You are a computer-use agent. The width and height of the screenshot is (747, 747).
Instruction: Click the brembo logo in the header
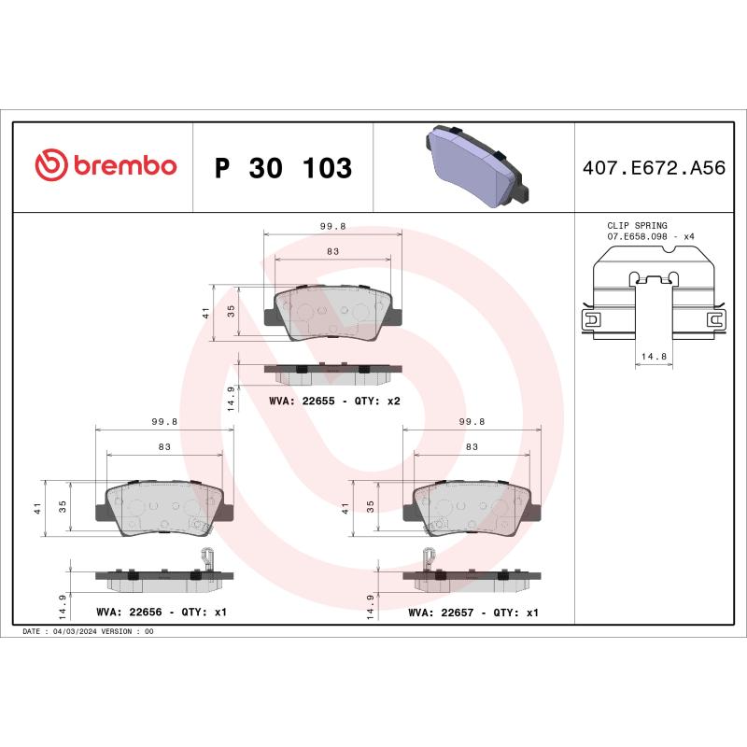[x=105, y=166]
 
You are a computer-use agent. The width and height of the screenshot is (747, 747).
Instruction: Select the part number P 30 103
[x=283, y=168]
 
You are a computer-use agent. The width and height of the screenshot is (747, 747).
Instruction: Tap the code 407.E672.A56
[x=653, y=168]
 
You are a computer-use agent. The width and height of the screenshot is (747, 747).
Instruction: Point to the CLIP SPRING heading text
[x=637, y=226]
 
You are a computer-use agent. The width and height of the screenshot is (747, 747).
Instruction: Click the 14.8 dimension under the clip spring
[x=654, y=356]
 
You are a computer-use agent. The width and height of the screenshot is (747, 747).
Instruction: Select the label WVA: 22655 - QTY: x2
[x=334, y=400]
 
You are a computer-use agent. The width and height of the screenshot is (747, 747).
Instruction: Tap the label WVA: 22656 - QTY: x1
[x=162, y=613]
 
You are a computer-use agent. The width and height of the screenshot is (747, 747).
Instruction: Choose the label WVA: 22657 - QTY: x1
[x=473, y=613]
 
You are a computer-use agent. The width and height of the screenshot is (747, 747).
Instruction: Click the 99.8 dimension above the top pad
[x=332, y=226]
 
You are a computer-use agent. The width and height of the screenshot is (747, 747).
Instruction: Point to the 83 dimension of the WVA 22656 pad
[x=164, y=447]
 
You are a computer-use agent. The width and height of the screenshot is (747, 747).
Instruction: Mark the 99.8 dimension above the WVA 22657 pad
[x=472, y=422]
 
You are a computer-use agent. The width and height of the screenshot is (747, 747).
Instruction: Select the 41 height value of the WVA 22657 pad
[x=345, y=509]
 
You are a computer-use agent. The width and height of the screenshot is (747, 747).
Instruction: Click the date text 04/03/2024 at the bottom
[x=73, y=631]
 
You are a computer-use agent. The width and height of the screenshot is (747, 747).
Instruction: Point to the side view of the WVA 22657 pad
[x=472, y=577]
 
